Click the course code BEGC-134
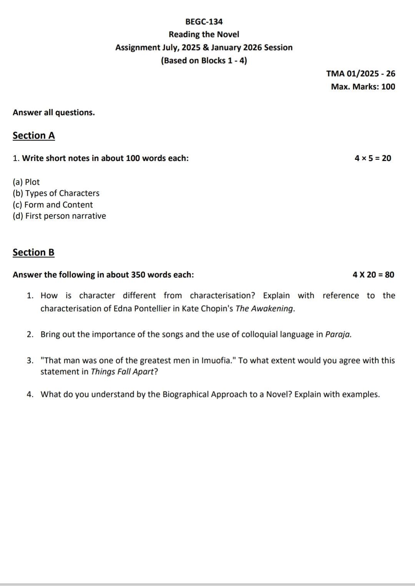[x=204, y=22]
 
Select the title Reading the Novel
[x=204, y=35]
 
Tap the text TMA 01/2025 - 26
[x=360, y=73]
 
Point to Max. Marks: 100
[x=363, y=86]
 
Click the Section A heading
[x=34, y=136]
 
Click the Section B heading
[x=33, y=252]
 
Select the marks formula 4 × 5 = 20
[x=373, y=158]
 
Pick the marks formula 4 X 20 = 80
[x=373, y=275]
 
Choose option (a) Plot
[x=26, y=182]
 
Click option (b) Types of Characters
[x=56, y=193]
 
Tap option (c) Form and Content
[x=53, y=205]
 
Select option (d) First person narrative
[x=59, y=216]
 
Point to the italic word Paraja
[x=338, y=334]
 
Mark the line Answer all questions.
[x=54, y=113]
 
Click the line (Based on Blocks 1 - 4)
[x=204, y=61]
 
